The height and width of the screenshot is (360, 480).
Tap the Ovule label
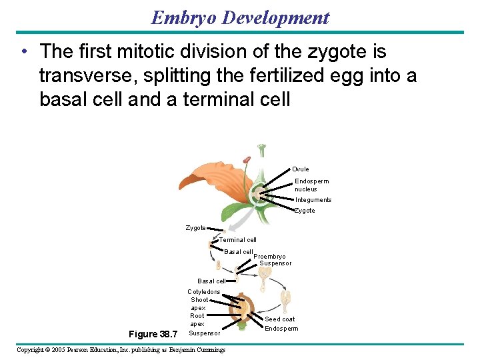click(300, 169)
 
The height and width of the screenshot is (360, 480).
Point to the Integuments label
click(313, 200)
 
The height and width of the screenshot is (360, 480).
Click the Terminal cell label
click(238, 240)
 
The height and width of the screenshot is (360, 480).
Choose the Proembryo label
click(270, 257)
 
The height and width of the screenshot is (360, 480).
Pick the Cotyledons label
click(203, 292)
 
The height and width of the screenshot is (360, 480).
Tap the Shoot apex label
click(199, 304)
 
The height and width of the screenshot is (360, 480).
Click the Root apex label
click(197, 320)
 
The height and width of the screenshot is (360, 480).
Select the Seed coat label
click(280, 319)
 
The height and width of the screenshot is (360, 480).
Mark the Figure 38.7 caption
click(153, 334)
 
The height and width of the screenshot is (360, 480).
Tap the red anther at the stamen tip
click(247, 160)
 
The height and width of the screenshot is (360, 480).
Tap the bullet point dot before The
click(24, 52)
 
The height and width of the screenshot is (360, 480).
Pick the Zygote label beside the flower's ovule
click(305, 211)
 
